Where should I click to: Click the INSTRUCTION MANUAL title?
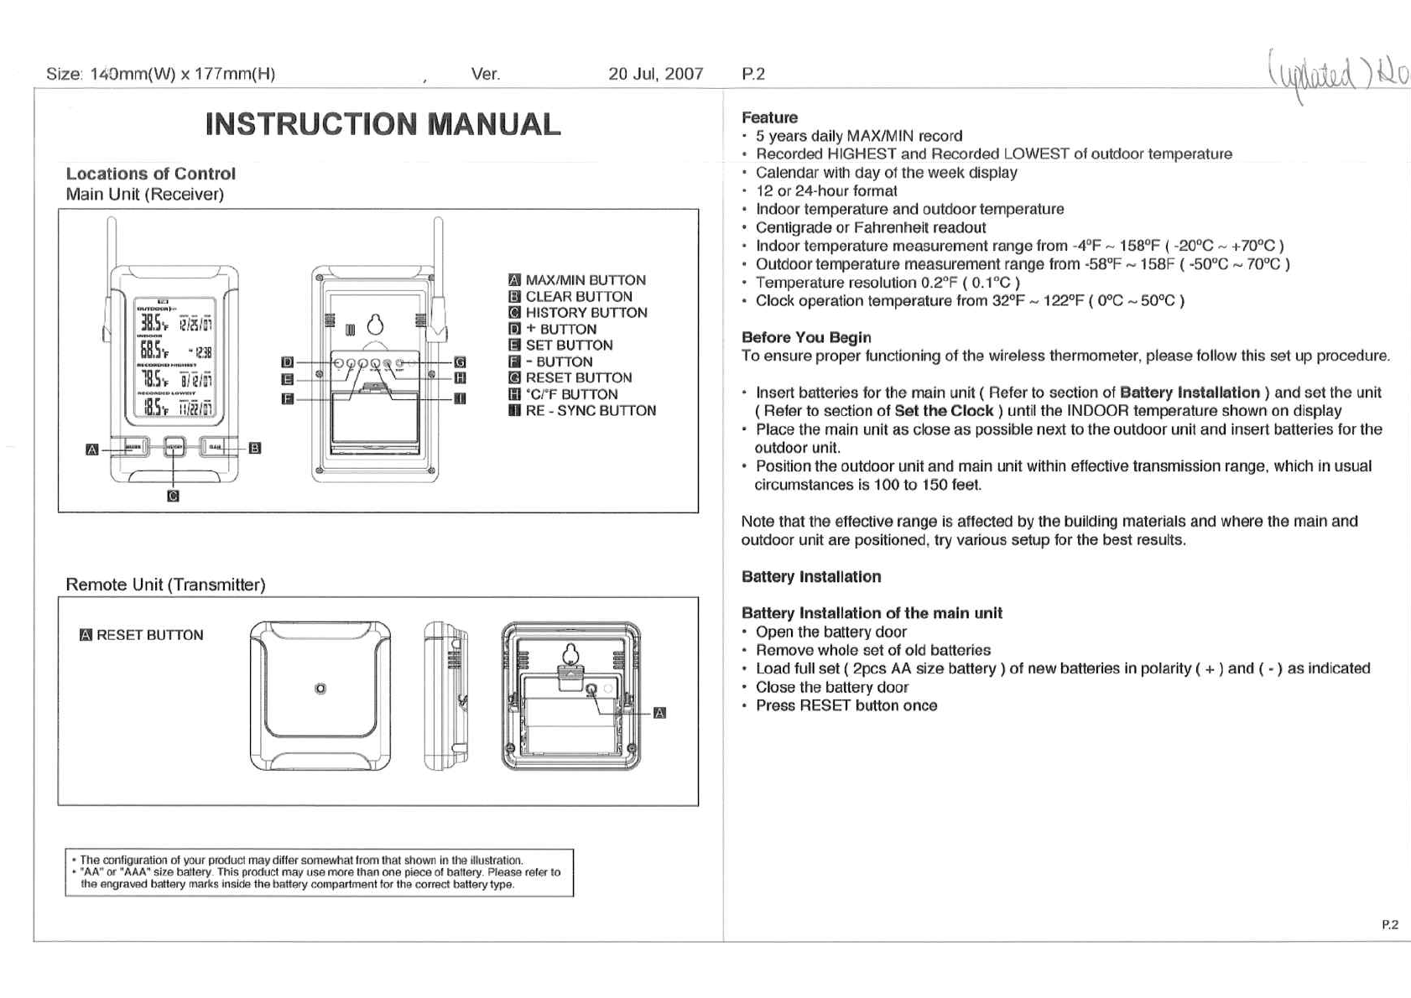(x=383, y=124)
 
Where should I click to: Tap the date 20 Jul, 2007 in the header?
(x=655, y=74)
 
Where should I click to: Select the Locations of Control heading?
(x=151, y=174)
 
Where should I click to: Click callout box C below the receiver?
(x=173, y=496)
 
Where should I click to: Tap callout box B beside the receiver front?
(x=255, y=448)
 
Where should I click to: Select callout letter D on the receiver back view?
(x=287, y=362)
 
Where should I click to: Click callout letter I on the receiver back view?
(x=460, y=398)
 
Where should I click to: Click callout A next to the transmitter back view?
(x=659, y=713)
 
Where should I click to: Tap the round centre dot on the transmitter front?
(x=320, y=689)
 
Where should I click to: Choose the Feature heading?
(x=769, y=117)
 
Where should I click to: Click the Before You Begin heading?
(x=806, y=337)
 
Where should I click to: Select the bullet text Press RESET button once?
(x=846, y=706)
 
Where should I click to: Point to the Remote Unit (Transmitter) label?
(x=165, y=585)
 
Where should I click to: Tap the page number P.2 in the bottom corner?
(x=1390, y=924)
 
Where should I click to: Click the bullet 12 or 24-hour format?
(x=826, y=191)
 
